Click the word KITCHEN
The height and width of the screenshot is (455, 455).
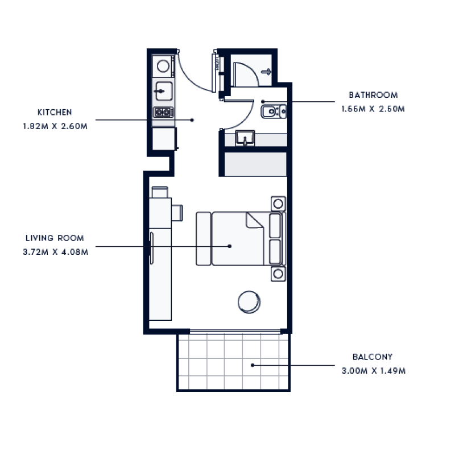(55, 113)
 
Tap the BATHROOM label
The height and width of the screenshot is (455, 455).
(373, 95)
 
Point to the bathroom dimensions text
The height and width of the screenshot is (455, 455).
(373, 109)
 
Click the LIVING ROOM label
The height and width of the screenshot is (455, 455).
(55, 239)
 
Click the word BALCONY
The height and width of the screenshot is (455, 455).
(373, 357)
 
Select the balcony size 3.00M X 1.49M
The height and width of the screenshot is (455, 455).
(373, 371)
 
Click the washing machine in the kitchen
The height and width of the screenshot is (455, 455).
(163, 66)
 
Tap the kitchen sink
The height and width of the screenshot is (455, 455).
(163, 90)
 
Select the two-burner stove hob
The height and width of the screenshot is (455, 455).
(163, 112)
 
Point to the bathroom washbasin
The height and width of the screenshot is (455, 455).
(246, 138)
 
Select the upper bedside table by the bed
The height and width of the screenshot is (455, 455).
(278, 204)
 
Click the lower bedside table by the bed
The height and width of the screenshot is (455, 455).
(278, 274)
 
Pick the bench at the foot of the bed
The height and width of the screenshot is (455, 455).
(203, 239)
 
